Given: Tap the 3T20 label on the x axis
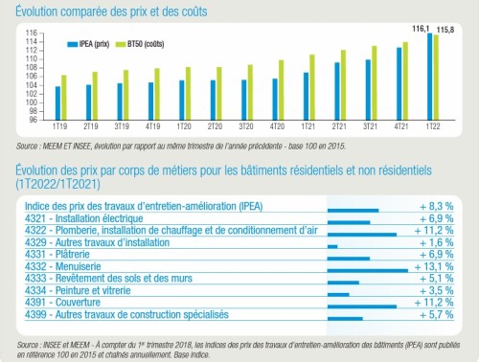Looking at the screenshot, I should pos(246,126).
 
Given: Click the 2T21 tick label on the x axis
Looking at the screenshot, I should pos(339,126).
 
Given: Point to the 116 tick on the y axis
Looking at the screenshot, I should pos(33,34).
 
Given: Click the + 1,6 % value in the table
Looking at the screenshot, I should pos(443,244).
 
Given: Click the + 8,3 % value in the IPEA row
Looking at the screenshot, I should pos(443,206).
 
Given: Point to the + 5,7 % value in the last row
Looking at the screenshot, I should pos(443,315).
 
